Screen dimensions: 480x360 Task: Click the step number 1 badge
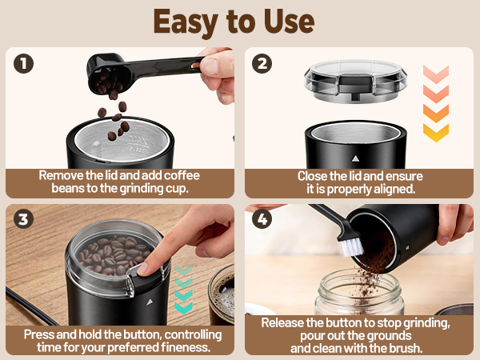click(23, 64)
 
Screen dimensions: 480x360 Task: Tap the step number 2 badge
click(262, 64)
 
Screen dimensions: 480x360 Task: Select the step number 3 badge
click(23, 219)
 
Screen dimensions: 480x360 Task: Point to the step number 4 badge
click(262, 219)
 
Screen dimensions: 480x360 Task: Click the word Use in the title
click(289, 22)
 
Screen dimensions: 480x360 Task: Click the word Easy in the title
click(186, 23)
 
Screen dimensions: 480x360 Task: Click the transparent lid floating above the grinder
click(355, 81)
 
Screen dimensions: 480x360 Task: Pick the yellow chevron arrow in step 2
click(436, 133)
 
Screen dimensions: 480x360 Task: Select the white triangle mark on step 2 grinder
click(355, 158)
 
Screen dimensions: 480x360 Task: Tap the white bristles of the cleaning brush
click(352, 246)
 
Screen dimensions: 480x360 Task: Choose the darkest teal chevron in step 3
click(183, 308)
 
